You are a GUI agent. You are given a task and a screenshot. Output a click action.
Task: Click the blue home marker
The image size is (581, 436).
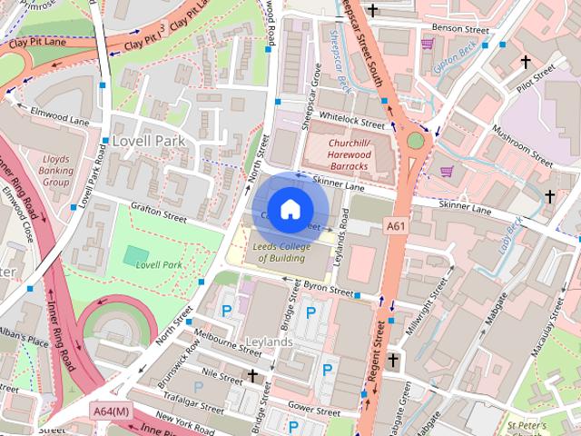pyautogui.click(x=289, y=209)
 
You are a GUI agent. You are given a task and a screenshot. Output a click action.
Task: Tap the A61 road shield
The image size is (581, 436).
pyautogui.click(x=396, y=225)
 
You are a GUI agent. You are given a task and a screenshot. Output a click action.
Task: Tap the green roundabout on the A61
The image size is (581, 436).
pyautogui.click(x=416, y=141)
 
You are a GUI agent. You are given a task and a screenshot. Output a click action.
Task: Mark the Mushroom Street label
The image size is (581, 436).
pyautogui.click(x=523, y=146)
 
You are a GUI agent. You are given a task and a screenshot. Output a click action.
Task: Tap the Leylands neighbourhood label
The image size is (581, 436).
pyautogui.click(x=269, y=342)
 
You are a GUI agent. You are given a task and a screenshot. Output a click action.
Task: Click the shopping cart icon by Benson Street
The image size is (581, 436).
pyautogui.click(x=427, y=44)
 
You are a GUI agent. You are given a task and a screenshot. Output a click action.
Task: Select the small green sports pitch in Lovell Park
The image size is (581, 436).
pyautogui.click(x=137, y=253)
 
